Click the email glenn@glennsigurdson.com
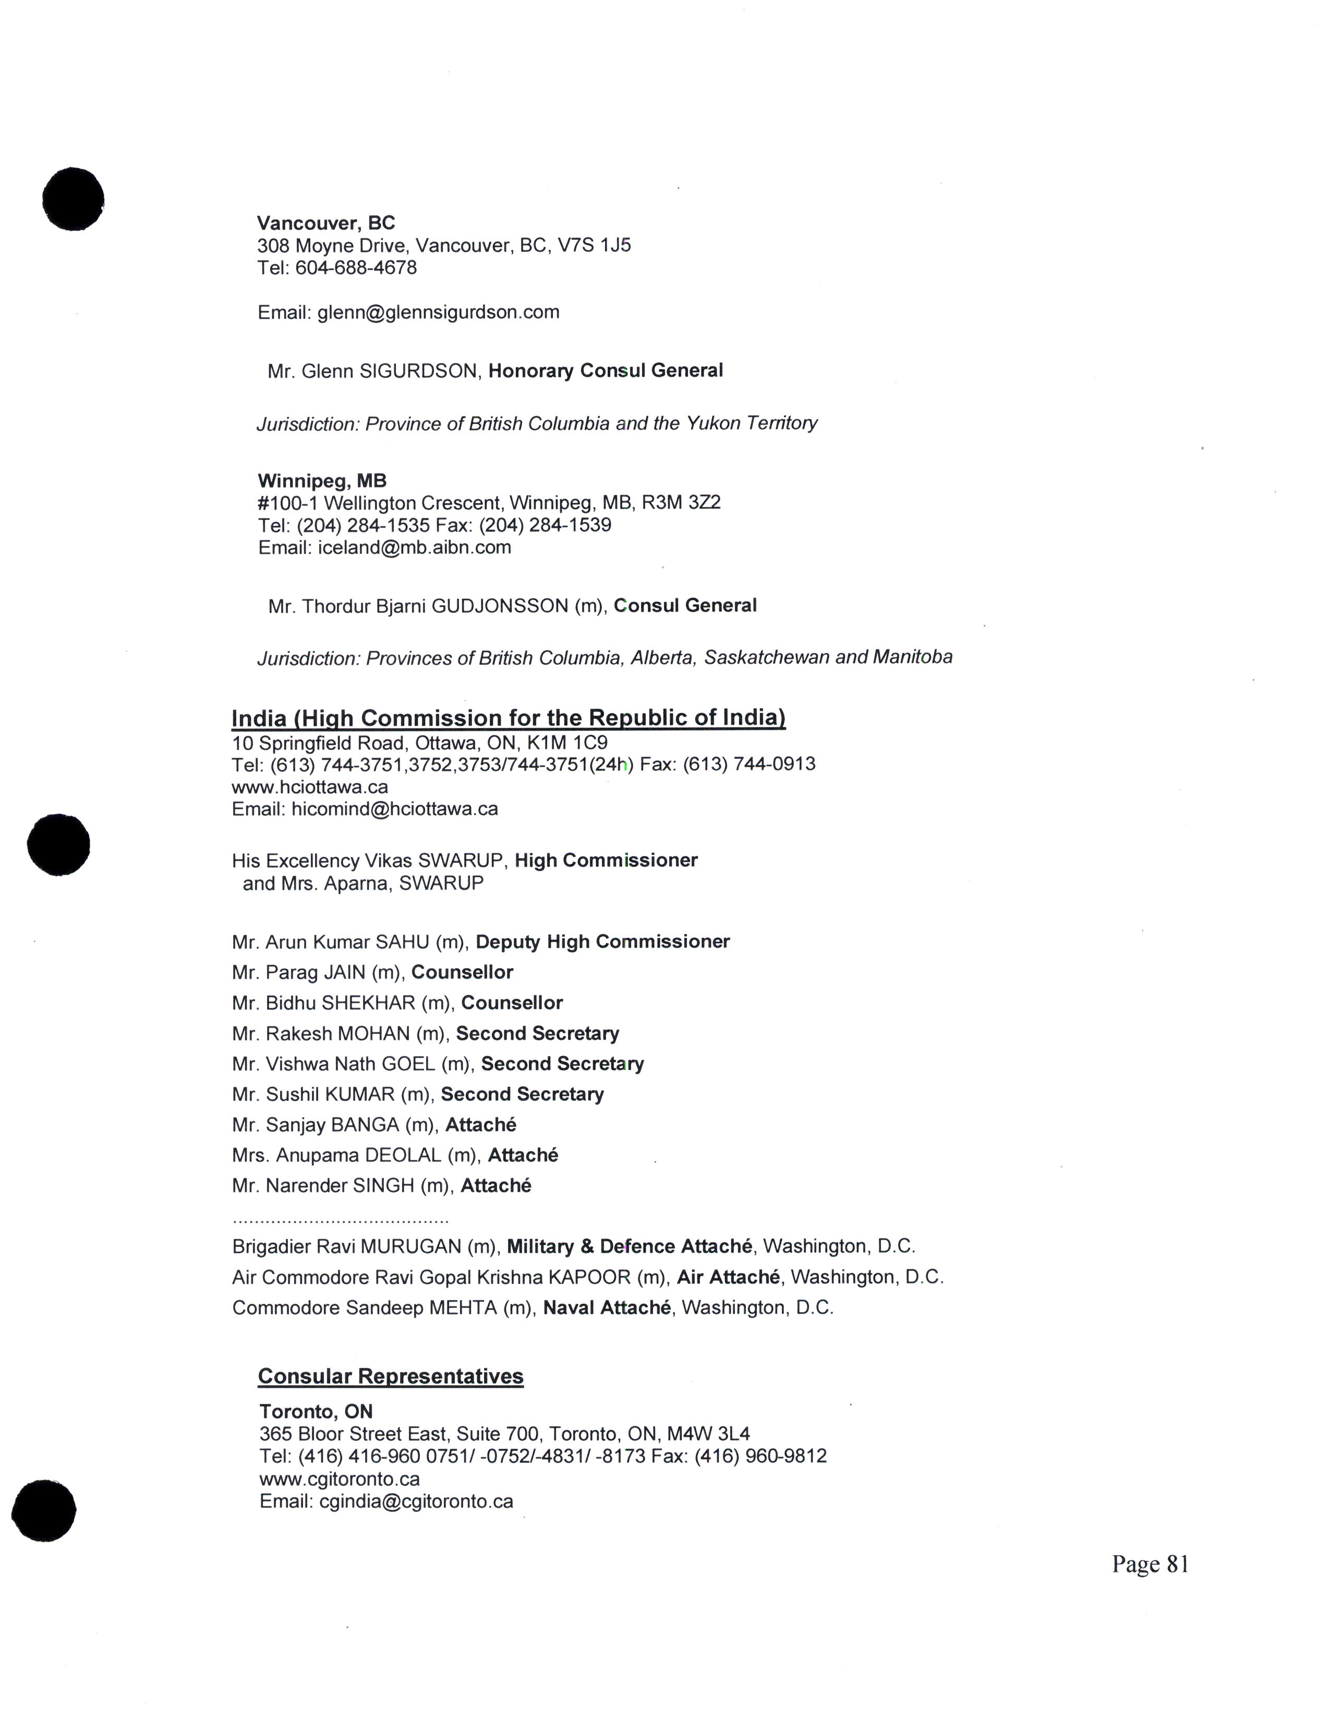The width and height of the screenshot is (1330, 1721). (438, 312)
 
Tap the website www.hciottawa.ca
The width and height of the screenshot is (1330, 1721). (310, 786)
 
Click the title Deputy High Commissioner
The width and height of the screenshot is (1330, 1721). (603, 942)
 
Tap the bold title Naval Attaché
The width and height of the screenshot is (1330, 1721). (607, 1307)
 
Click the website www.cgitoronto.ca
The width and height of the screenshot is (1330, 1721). (340, 1478)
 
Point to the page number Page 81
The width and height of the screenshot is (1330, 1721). (1150, 1564)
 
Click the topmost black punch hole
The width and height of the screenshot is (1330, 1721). (73, 199)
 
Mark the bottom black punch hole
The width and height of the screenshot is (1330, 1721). (44, 1511)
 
